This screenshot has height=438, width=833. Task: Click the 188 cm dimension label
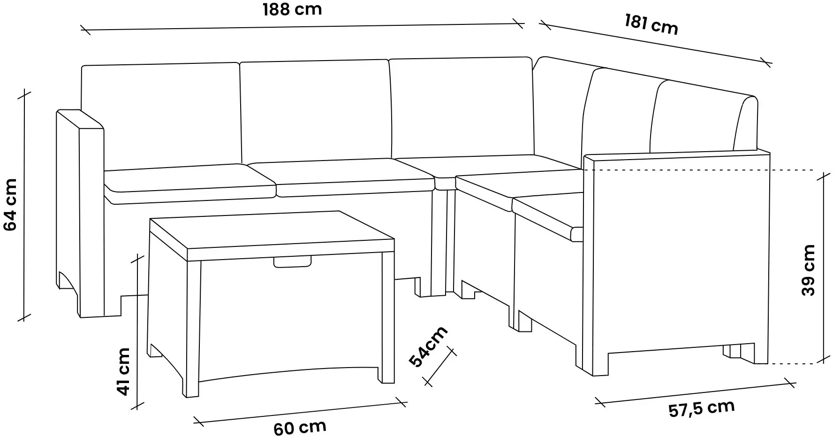[292, 9]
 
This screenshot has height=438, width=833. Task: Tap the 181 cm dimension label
[651, 24]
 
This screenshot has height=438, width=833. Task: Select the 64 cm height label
[10, 204]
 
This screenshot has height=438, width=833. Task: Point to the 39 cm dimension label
[808, 270]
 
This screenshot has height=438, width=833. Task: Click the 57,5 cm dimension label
[701, 409]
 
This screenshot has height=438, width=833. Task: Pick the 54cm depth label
[428, 346]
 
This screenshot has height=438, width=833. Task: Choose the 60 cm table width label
[300, 428]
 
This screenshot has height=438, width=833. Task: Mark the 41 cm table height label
[123, 371]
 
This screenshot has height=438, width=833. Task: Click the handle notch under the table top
[293, 261]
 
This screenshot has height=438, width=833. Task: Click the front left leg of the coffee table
[193, 329]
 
